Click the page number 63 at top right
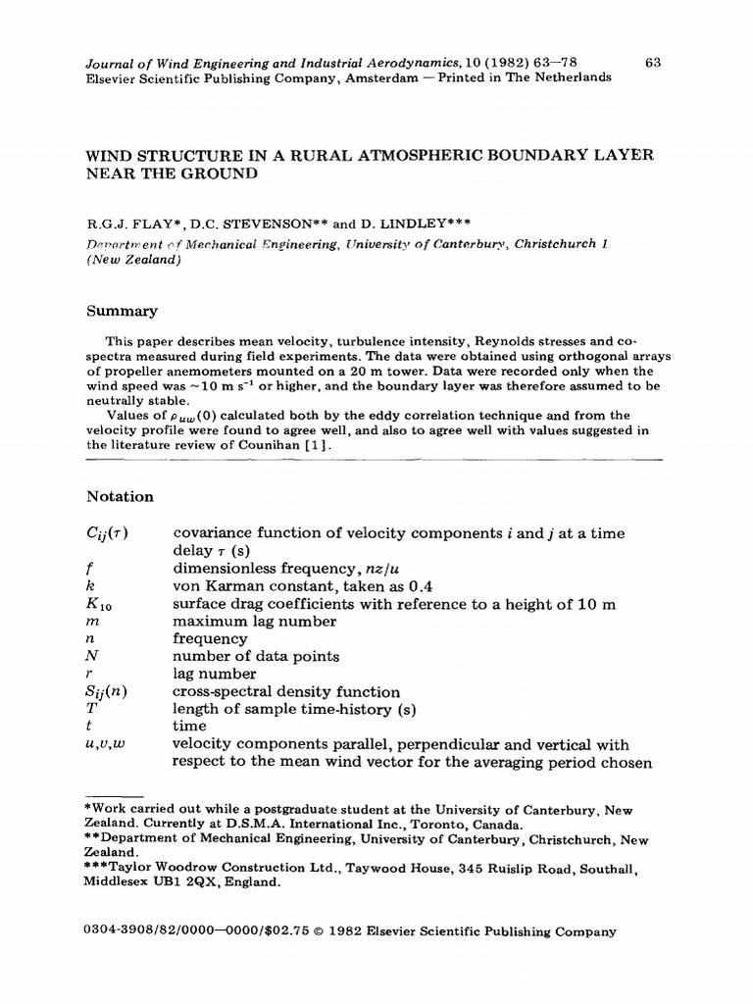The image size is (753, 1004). (655, 63)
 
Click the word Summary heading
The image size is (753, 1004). (122, 311)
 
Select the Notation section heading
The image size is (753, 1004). (120, 497)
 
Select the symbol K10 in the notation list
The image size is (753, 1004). (99, 605)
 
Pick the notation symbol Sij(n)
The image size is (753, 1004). (106, 692)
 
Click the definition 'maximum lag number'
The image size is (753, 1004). (254, 622)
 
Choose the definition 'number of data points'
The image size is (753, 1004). (256, 657)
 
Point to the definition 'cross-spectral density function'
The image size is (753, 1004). (286, 692)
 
